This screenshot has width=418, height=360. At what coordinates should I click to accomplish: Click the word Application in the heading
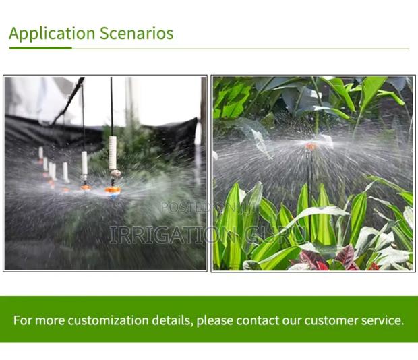pos(53,34)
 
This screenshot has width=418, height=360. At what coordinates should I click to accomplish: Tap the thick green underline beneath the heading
pos(40,48)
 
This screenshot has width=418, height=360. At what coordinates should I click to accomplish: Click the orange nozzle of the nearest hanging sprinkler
pos(113,190)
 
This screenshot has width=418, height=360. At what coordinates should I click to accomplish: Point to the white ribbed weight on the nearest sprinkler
pos(113,152)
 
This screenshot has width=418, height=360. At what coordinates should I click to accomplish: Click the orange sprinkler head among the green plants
pos(311,146)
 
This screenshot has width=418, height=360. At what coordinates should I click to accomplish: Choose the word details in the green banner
pos(173,320)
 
